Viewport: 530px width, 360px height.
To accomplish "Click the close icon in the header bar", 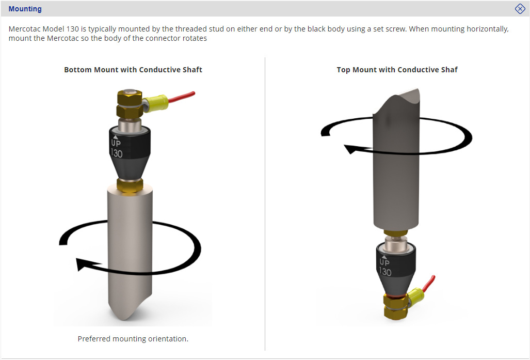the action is pos(520,9).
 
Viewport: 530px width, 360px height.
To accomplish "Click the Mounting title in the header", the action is pos(25,9).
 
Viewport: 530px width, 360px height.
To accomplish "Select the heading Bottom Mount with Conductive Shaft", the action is pos(133,70).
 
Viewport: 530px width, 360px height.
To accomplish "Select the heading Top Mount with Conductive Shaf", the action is pos(397,70).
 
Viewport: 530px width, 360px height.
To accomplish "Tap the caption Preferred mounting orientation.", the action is pos(133,339).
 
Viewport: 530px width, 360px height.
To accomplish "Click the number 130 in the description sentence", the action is pos(72,29).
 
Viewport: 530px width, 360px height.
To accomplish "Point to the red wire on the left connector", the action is pos(182,96).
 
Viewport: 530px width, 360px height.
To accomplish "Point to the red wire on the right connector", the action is pos(429,284).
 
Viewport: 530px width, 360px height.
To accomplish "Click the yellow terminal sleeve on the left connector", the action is pos(156,103).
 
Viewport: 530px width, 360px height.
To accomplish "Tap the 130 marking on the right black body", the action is pos(385,272).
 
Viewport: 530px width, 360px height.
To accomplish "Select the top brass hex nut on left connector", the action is pos(130,98).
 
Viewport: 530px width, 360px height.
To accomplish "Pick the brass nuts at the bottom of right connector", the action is pos(396,306).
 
